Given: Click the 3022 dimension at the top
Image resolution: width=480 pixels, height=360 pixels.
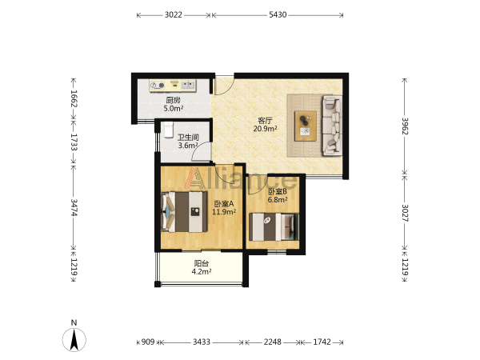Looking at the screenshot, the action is point(174,14).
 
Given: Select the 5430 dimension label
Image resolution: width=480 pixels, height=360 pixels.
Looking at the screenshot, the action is point(278,14).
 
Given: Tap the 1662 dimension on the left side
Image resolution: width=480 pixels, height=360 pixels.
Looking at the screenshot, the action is point(74,98).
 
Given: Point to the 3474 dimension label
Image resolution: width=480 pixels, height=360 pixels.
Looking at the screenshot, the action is point(74,207).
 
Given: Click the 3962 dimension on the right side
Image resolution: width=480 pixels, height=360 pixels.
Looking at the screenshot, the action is point(405,126).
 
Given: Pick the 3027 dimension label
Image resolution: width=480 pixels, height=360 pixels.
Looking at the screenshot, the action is point(405,213).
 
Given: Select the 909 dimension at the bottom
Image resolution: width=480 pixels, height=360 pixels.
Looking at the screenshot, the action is point(148,342).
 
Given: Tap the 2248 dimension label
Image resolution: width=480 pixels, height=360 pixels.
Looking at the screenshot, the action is point(273,342).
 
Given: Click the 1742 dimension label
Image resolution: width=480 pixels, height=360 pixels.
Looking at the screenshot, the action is point(322,342).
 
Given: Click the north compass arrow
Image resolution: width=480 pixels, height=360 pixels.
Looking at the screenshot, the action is point(74,339).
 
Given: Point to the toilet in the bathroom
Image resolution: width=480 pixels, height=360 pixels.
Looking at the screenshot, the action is point(168,130).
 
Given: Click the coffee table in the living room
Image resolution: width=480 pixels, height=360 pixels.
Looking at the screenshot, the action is point(306,126).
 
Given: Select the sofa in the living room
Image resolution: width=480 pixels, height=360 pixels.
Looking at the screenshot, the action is point(332,126).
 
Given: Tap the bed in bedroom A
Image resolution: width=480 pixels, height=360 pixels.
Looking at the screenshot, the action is point(184,211).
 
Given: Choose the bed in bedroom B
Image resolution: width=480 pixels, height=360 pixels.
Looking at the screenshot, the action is point(274,227).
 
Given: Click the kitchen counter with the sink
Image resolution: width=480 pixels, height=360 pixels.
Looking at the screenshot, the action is point(173,86).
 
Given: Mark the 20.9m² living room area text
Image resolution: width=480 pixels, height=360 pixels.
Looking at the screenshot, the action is point(265,129).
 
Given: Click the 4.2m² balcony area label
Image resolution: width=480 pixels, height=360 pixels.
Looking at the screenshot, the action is point(202,271).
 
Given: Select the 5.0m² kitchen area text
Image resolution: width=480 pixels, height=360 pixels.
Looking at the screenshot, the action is point(174,108).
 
